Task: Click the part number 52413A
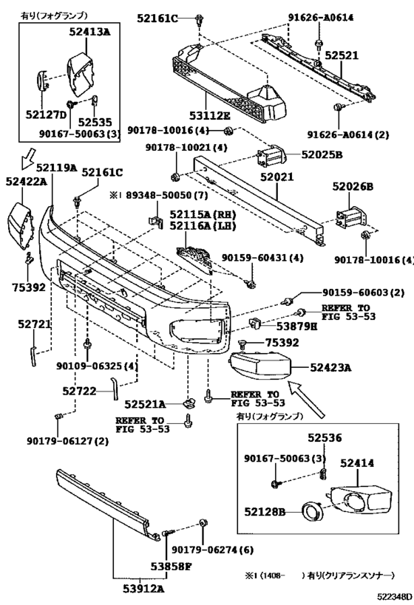click(89, 32)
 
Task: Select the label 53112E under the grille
click(210, 115)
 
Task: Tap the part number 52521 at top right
click(342, 55)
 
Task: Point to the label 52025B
click(322, 154)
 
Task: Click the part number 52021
click(276, 177)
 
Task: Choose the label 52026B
click(353, 187)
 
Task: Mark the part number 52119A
click(57, 168)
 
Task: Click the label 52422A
click(27, 181)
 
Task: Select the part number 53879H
click(296, 327)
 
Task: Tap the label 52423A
click(330, 368)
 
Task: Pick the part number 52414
click(357, 462)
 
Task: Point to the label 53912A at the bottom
click(144, 589)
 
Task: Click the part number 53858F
click(171, 567)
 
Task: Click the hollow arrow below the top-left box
click(28, 158)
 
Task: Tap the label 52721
click(34, 324)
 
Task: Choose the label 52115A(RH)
click(203, 215)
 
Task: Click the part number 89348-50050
click(163, 196)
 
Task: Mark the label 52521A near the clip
click(145, 404)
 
